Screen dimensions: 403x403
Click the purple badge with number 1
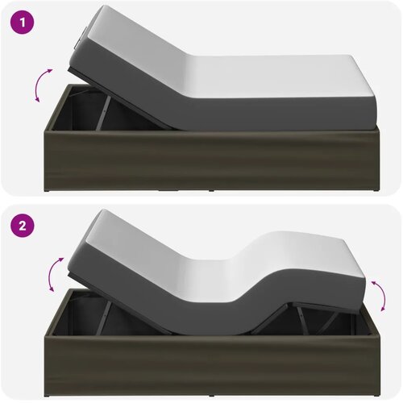23,23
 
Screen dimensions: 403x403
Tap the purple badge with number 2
23,226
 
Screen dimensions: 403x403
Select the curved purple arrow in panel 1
43,85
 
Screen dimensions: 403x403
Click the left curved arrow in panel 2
55,274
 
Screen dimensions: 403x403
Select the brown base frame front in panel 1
212,160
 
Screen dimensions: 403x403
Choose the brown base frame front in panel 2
212,366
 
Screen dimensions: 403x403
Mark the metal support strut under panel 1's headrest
103,113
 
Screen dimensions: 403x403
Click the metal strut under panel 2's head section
106,317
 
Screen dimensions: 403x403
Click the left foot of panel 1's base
47,190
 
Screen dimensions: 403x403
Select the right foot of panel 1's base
376,190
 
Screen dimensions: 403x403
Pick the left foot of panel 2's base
47,396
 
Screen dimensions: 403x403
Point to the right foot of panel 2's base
376,396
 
